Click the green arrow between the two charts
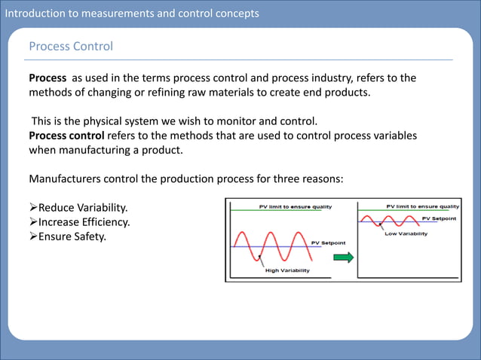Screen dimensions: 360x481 coord(344,258)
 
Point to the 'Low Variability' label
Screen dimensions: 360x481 coord(406,233)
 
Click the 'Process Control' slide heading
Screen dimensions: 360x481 coord(71,47)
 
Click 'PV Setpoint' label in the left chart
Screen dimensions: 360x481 coord(329,243)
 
